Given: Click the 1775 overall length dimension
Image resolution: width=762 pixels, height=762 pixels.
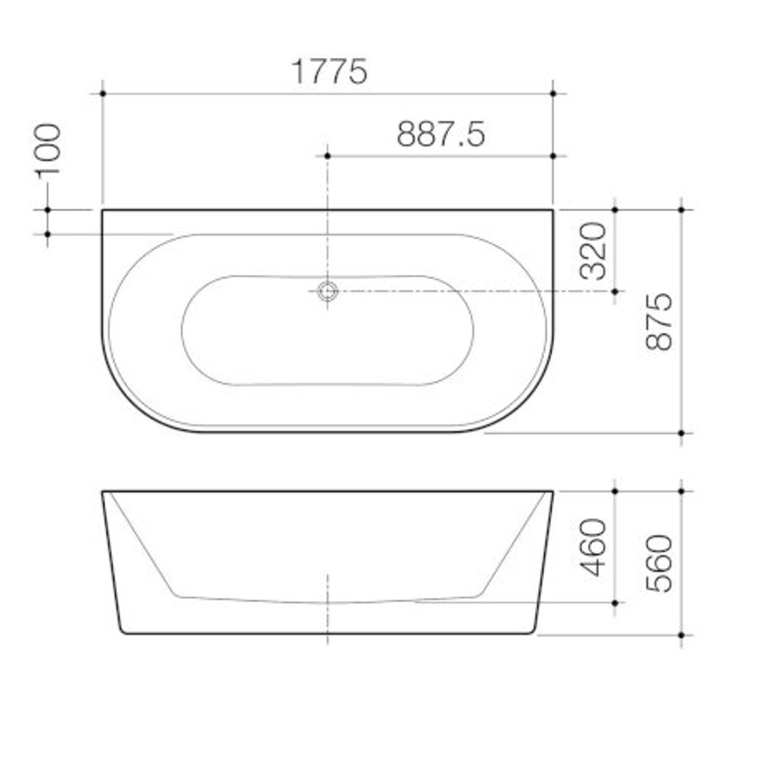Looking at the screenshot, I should click(329, 71).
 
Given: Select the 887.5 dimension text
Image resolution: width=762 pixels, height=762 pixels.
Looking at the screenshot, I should click(440, 134).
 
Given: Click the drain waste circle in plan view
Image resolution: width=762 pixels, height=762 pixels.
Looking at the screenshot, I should click(327, 291).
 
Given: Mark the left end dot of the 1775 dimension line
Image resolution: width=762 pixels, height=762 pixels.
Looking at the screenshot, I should click(103, 93).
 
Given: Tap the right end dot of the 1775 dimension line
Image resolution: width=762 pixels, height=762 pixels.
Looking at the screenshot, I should click(553, 93).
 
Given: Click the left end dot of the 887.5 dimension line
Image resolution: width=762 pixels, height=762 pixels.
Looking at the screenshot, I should click(327, 155).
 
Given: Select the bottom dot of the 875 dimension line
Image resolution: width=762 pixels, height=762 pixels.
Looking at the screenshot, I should click(682, 433).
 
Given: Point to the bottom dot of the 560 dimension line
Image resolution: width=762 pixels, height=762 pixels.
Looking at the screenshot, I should click(682, 635).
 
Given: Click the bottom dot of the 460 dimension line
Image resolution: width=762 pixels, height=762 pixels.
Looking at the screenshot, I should click(615, 603).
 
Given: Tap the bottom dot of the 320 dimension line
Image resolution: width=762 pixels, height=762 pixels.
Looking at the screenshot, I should click(615, 291).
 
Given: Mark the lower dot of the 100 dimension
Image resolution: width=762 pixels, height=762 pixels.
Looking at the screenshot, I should click(48, 234).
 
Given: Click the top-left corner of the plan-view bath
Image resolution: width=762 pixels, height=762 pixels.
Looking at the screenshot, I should click(103, 210).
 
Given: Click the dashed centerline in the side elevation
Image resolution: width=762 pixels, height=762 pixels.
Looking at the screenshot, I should click(327, 607).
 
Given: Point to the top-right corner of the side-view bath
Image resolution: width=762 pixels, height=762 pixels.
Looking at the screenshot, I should click(552, 492).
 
